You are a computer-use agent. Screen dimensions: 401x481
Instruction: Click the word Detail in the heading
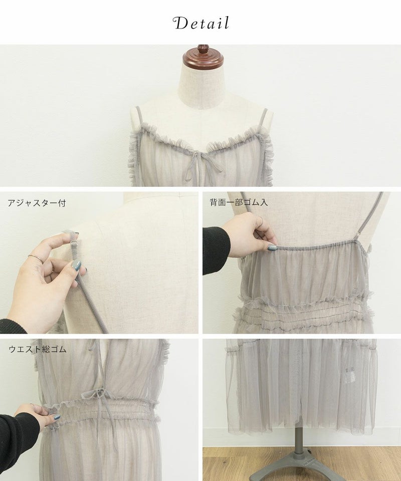click(201, 24)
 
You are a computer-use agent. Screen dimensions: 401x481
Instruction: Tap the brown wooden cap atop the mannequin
click(203, 58)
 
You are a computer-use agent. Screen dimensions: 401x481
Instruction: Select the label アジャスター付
click(37, 203)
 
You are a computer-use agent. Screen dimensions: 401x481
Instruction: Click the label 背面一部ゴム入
click(239, 202)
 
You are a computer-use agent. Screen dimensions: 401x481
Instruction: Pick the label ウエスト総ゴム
click(38, 349)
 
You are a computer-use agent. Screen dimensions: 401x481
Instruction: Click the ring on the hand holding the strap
click(36, 259)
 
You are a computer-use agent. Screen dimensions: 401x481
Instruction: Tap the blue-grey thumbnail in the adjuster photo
click(77, 266)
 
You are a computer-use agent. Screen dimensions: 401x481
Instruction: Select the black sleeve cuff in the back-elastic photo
click(217, 251)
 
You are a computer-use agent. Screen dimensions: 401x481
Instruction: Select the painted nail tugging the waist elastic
click(56, 417)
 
